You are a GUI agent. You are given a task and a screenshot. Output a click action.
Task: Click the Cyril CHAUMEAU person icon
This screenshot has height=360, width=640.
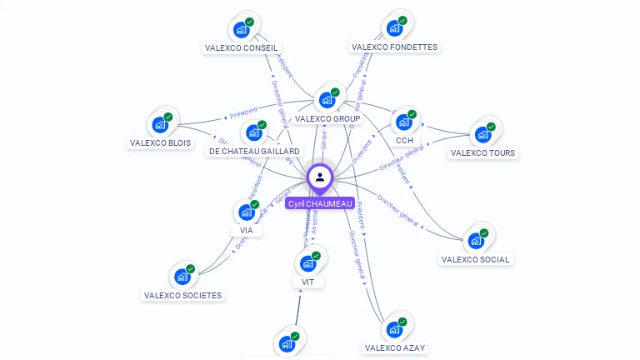320,177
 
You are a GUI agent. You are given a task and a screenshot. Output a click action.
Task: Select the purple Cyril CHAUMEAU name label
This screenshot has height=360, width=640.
320,203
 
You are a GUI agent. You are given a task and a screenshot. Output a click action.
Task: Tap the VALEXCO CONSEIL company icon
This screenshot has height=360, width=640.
242,29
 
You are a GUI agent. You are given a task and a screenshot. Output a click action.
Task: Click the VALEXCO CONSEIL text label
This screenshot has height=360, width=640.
242,48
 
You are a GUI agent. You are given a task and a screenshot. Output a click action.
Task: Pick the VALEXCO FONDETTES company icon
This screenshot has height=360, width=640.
394,28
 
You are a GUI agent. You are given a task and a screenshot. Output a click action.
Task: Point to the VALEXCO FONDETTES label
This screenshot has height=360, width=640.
394,47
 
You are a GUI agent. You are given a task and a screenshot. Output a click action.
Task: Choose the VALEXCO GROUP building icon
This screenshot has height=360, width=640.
327,100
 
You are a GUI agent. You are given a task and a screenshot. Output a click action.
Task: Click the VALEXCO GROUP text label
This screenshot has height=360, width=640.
327,119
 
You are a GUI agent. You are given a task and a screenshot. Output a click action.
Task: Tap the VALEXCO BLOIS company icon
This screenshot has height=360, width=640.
160,124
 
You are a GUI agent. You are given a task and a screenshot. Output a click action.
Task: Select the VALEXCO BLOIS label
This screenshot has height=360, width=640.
160,143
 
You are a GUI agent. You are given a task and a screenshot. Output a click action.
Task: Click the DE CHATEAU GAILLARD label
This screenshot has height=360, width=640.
254,152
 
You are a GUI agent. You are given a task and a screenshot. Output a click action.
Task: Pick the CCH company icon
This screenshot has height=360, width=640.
404,122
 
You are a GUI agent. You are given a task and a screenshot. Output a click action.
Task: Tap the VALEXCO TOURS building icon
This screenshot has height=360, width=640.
482,134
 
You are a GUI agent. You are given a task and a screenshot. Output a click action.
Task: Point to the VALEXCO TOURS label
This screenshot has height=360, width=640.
482,153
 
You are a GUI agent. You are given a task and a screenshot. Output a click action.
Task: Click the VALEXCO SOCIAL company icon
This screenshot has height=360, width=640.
476,240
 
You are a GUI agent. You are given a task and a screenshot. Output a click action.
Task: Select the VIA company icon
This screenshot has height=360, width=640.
247,212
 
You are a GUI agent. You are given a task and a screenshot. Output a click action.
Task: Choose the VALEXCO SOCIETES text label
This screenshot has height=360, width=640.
182,295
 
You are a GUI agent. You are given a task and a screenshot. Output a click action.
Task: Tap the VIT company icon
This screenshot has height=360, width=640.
307,263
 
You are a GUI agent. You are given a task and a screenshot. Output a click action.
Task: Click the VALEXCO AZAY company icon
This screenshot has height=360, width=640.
395,329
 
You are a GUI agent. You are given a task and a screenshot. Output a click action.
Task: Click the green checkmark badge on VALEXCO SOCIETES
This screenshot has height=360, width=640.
191,269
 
